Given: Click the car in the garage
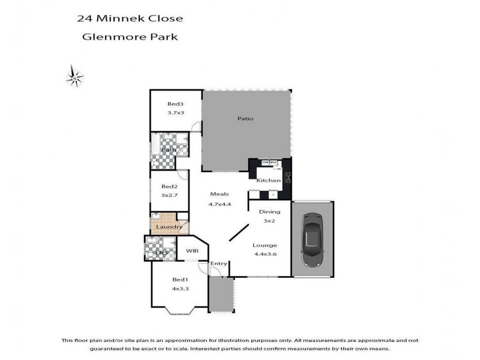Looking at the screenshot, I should pos(312,238).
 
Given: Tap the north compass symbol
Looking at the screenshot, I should pos(75,76).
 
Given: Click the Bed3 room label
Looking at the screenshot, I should pos(175,104).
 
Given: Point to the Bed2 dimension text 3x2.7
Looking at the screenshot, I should pos(169,196).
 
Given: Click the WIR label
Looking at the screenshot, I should pos(192,250).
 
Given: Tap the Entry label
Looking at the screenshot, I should pos(218,264).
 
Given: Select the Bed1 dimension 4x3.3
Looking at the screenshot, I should pos(181,289).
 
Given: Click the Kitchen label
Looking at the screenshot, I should pos(268,181).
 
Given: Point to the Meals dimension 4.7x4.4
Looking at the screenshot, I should pos(220,205).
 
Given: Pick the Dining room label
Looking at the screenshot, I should pos(269,212).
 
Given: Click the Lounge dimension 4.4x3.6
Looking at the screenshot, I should pos(265,254).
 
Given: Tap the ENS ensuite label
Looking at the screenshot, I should pos(160,254).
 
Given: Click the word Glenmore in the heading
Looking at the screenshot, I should pos(109,37).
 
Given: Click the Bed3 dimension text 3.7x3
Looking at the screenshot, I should pos(175,113).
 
